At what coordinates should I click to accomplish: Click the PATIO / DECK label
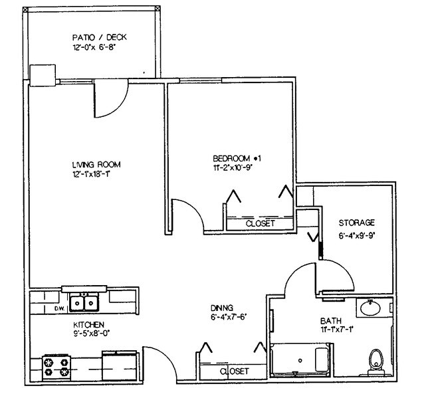99,37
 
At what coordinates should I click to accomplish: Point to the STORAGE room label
356,223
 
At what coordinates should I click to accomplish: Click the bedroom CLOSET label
260,224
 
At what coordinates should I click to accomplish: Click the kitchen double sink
84,303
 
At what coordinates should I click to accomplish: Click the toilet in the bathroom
376,358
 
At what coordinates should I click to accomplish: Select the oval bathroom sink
369,308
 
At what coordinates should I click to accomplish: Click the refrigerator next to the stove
120,365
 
